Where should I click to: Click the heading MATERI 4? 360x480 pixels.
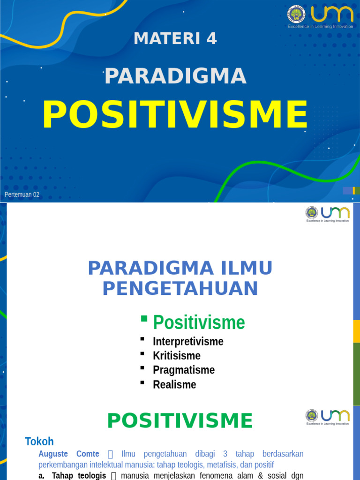(x=175, y=38)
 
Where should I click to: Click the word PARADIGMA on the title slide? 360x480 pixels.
(x=175, y=76)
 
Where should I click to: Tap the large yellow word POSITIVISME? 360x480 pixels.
(x=175, y=115)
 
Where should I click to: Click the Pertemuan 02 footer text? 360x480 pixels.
(x=22, y=195)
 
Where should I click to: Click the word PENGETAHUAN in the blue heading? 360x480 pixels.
(x=180, y=288)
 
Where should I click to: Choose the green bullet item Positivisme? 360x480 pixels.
(x=199, y=322)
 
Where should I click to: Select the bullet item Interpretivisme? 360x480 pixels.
(x=188, y=341)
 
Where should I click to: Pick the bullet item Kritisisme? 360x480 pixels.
(x=176, y=355)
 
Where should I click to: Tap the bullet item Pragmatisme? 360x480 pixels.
(x=183, y=370)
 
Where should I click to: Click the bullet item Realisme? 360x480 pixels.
(x=174, y=384)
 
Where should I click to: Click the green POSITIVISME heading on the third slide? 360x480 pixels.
(x=180, y=420)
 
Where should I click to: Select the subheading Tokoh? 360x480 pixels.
(x=39, y=441)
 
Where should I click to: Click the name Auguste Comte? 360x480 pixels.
(x=68, y=454)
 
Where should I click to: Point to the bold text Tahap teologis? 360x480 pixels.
(x=79, y=476)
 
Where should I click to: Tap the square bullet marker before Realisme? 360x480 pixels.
(x=142, y=383)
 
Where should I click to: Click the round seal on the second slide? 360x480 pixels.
(x=311, y=212)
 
